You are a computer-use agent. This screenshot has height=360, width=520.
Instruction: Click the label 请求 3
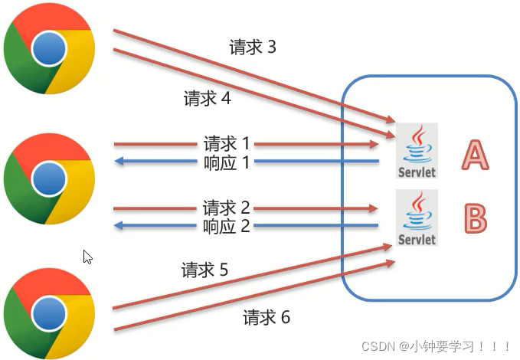coord(252,47)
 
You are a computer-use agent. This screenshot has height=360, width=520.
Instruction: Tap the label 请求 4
coord(207,99)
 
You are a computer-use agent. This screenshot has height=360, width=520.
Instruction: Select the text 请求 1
coord(227,143)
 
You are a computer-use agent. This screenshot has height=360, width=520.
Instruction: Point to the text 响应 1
coord(227,162)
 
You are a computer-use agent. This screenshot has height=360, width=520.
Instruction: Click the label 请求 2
coord(227,208)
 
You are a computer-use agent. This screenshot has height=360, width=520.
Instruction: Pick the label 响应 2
coord(227,226)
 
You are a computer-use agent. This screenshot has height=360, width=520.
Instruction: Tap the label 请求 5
coord(204,270)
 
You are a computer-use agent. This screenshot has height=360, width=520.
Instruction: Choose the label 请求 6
coord(267,317)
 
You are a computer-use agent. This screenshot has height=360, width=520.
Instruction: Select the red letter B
coord(475,218)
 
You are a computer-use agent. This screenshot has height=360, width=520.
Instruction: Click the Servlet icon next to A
coord(417,151)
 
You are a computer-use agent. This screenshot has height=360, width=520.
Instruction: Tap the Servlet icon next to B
coord(417,218)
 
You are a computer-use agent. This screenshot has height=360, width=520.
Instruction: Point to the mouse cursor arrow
coord(87,257)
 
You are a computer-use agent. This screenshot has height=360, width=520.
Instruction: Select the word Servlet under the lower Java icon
coord(417,239)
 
